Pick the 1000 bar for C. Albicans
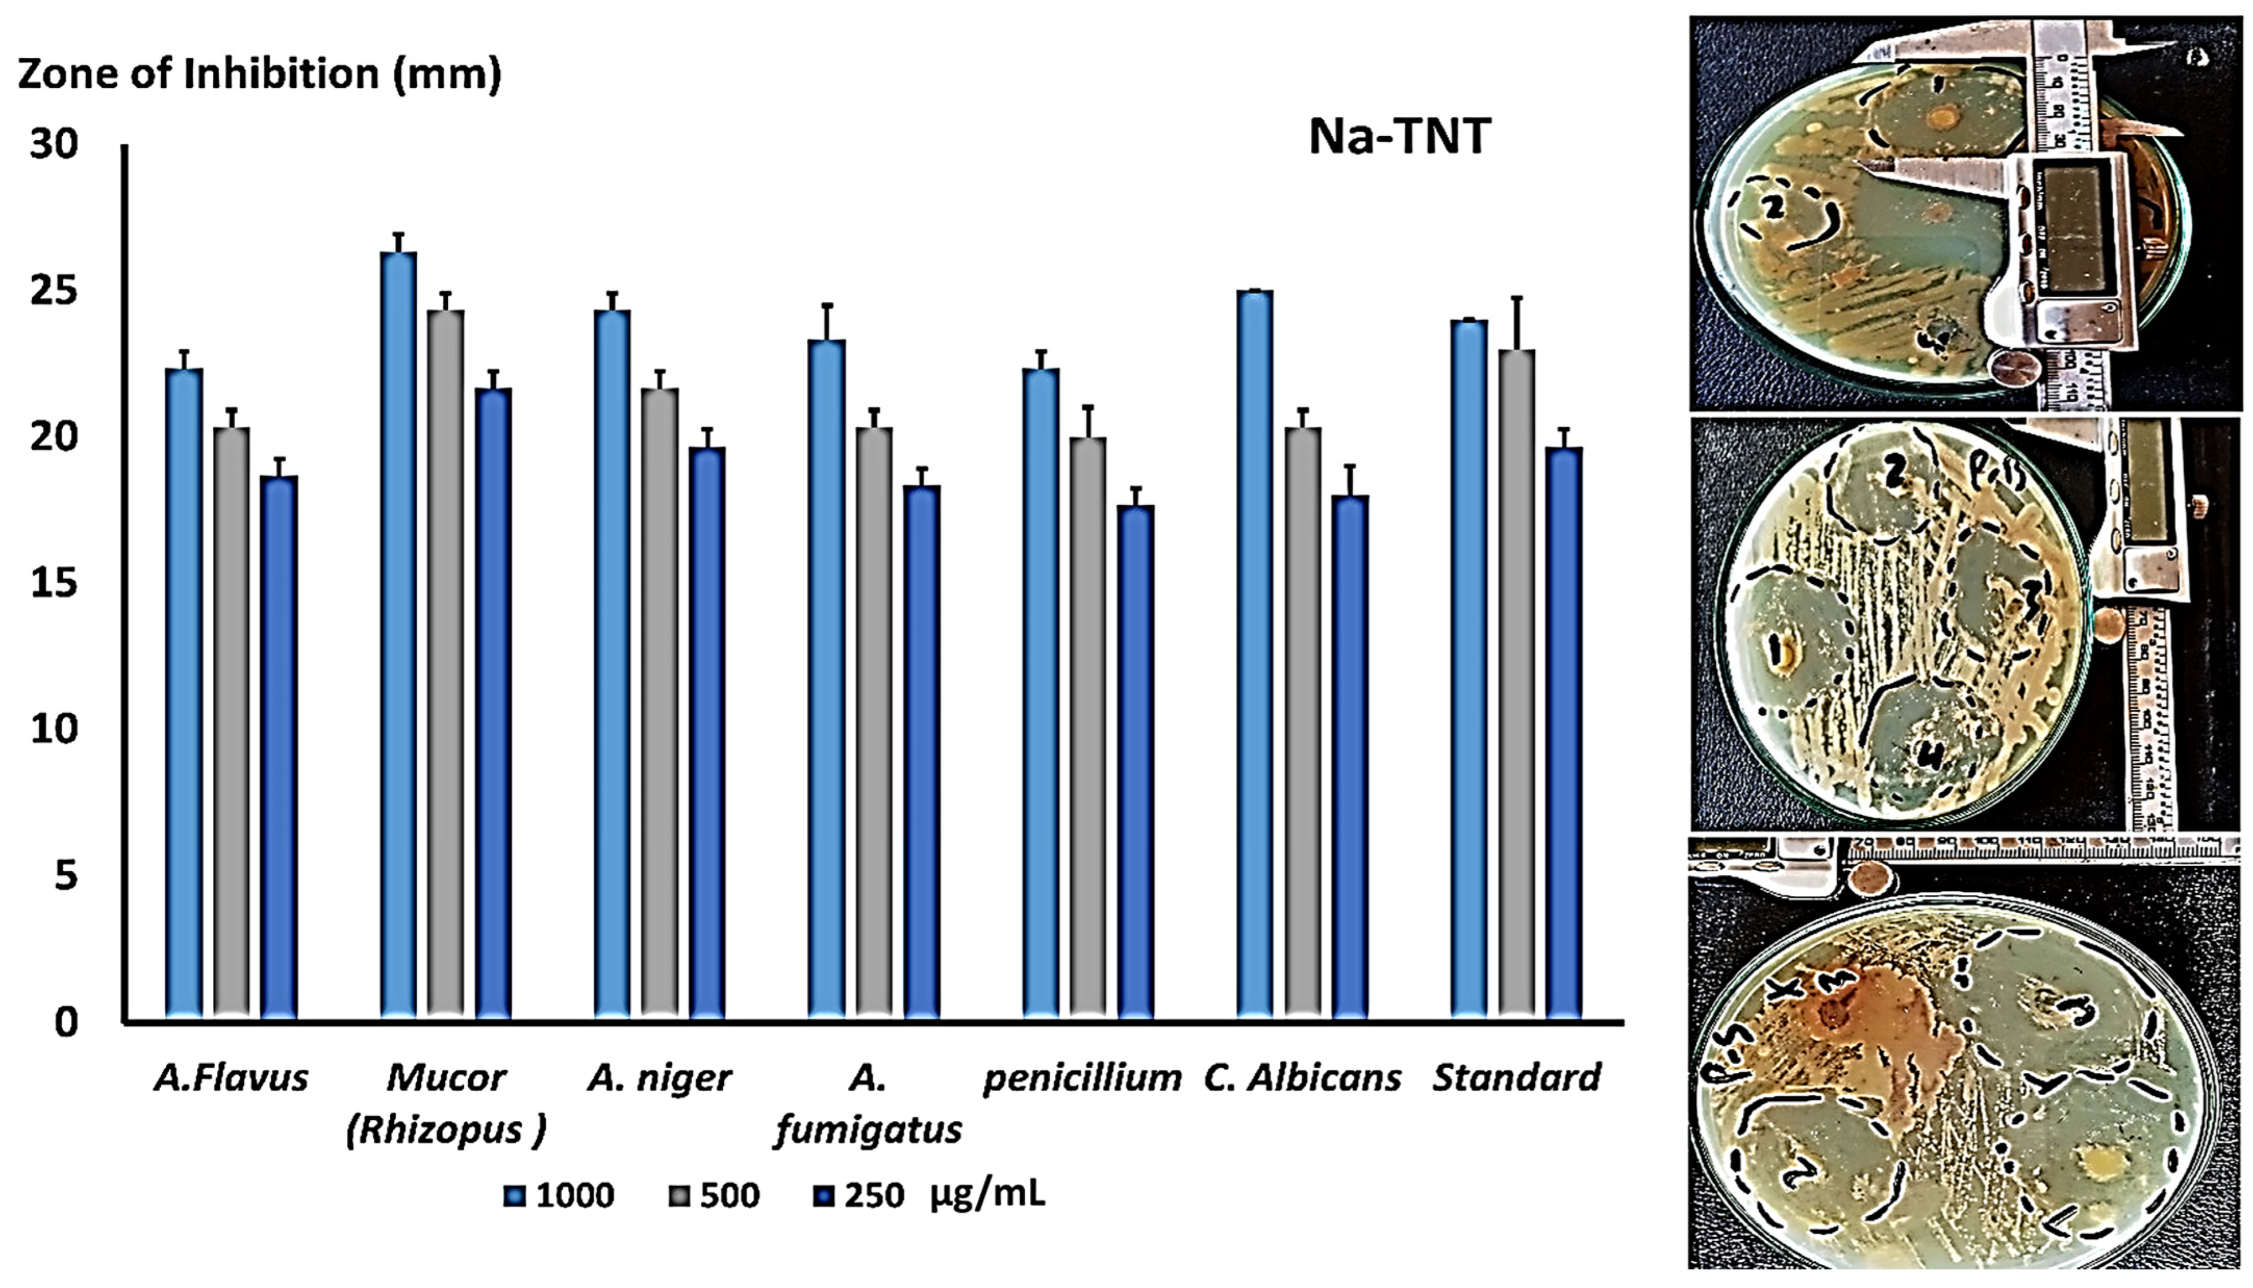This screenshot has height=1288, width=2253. click(x=1255, y=654)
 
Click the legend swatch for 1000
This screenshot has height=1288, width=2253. click(x=514, y=1197)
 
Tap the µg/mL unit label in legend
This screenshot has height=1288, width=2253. click(x=987, y=1194)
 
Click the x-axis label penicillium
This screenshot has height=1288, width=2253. click(x=1081, y=1078)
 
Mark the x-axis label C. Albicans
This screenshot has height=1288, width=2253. click(x=1302, y=1078)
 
